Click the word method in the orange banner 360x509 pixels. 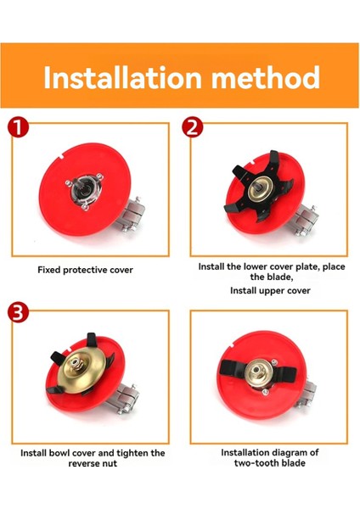266,77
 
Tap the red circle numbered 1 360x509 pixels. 18,127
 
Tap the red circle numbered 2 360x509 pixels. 193,127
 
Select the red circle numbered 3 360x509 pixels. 18,312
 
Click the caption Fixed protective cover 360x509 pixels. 85,270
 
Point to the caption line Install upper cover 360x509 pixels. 270,290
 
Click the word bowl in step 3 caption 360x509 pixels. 59,453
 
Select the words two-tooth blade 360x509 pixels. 270,463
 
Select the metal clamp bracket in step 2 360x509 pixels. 307,220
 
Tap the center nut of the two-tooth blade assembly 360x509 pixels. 259,369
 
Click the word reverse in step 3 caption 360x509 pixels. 83,463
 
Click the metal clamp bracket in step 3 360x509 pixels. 125,400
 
